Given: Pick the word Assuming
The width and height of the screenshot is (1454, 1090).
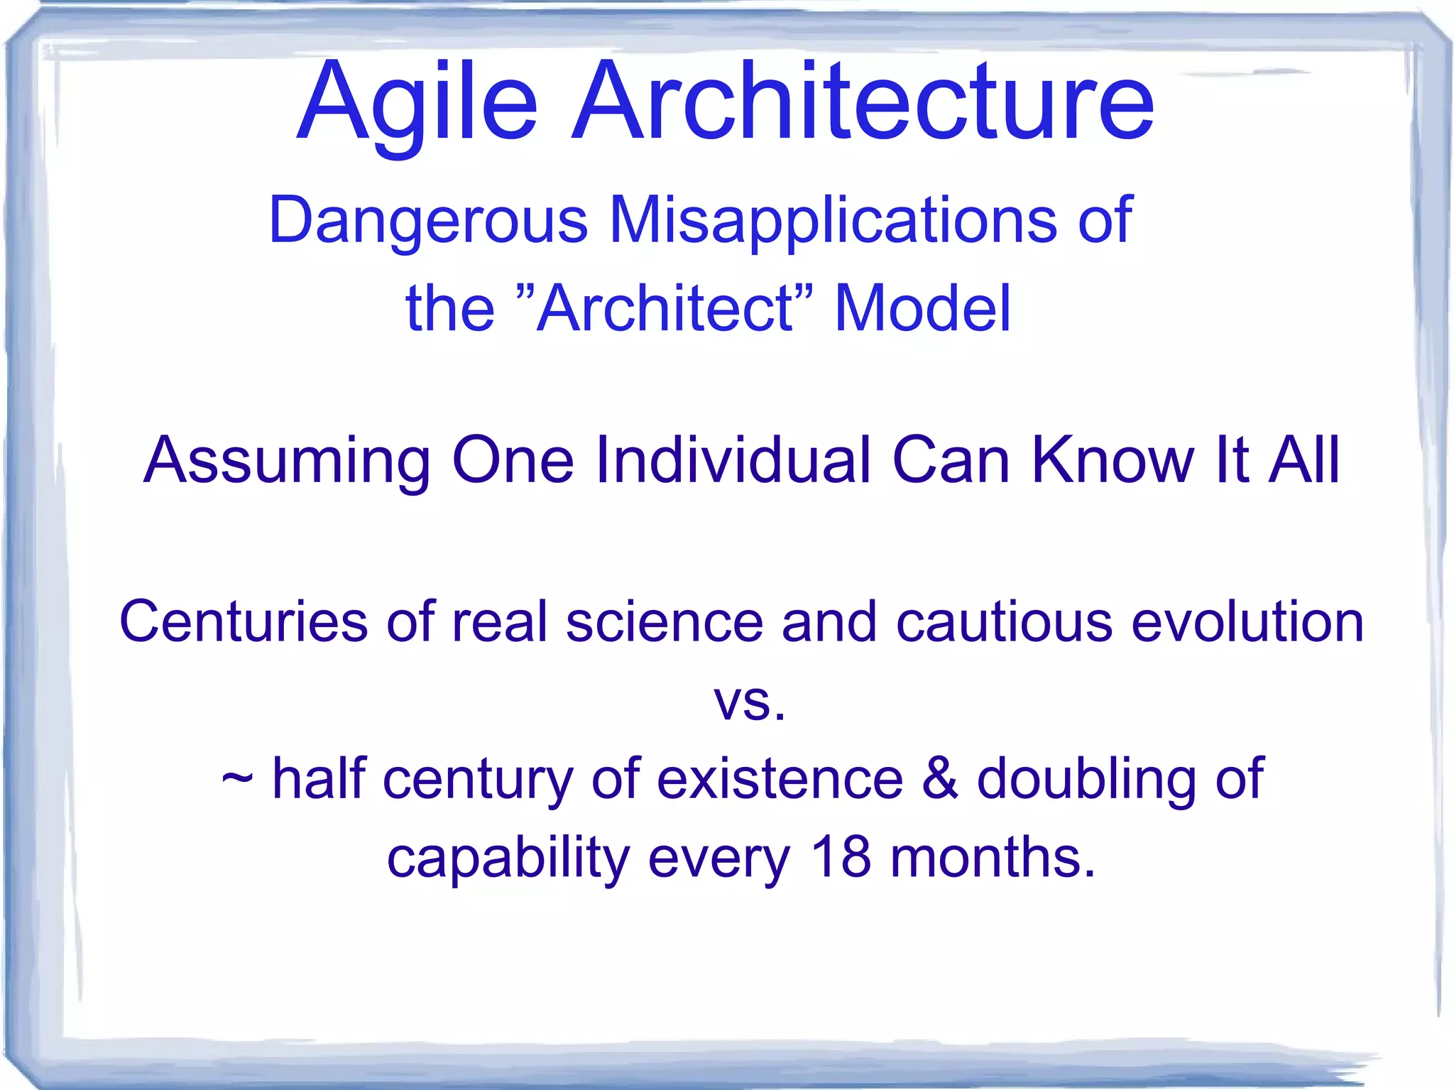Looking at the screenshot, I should [287, 462].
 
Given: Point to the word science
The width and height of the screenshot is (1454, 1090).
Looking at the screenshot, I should [665, 621].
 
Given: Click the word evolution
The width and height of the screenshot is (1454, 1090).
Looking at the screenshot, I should [1247, 621].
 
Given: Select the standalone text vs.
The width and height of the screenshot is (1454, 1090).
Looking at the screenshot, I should [749, 703].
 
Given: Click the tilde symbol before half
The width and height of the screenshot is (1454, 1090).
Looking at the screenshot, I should [237, 780].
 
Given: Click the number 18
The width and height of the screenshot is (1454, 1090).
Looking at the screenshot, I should [841, 857].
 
